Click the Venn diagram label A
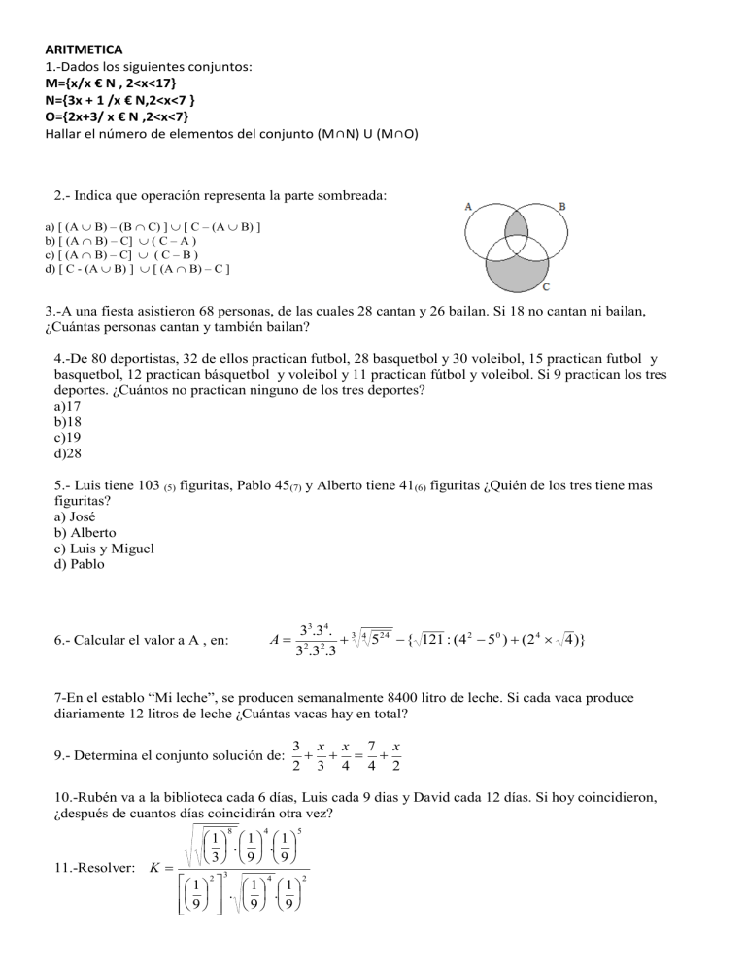(468, 207)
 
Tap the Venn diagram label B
(562, 207)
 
